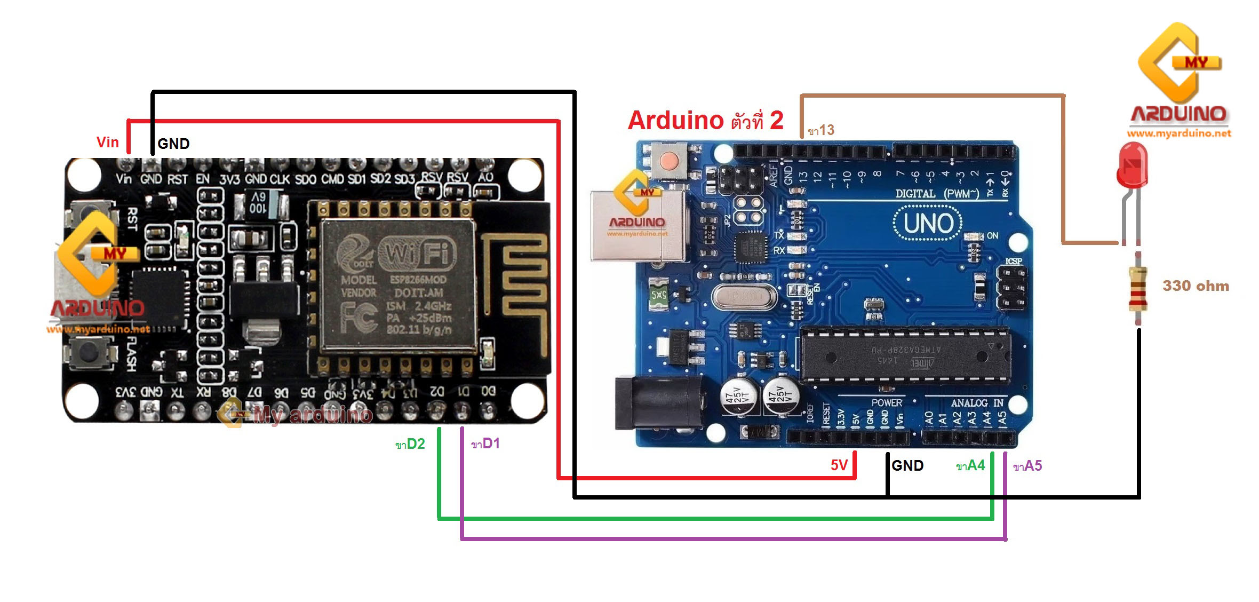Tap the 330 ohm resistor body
tap(1138, 289)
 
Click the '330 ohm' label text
tap(1196, 286)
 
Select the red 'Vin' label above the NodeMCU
tap(107, 142)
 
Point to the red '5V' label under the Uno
tap(839, 465)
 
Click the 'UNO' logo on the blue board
tap(928, 224)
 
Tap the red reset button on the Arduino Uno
tap(669, 160)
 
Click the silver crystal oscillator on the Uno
tap(743, 296)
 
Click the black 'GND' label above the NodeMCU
tap(173, 144)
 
